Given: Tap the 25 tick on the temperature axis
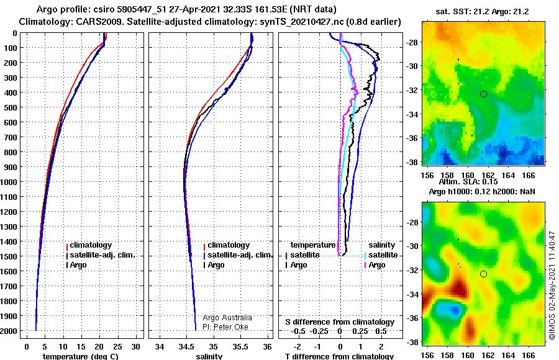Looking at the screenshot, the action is (x=117, y=347).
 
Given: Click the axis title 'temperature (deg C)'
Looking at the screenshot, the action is (x=80, y=356).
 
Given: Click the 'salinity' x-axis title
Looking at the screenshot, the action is (x=209, y=356).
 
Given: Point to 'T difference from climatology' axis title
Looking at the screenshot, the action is (x=339, y=356).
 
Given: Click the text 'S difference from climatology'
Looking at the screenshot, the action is (x=340, y=322).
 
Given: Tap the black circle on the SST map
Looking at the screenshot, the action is (x=483, y=94).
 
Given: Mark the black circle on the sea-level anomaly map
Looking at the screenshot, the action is (x=483, y=274).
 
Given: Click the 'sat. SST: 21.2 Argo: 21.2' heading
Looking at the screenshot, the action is (x=482, y=12).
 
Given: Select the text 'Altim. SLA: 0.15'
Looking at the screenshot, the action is (x=468, y=182).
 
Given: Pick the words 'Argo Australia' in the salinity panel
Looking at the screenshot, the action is (x=227, y=318).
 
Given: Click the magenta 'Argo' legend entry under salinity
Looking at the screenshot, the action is (x=376, y=265).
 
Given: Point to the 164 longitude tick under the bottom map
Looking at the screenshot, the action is (x=508, y=356).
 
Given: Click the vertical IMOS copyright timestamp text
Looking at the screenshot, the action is (x=552, y=285).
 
